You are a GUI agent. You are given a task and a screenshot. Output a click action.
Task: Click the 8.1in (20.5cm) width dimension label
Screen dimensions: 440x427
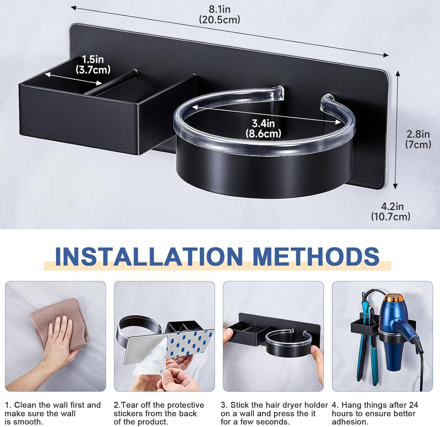coord(219,14)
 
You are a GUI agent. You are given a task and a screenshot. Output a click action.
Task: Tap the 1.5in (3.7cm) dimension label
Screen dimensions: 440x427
coord(93,65)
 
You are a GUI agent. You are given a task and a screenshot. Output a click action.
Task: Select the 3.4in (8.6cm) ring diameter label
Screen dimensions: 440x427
coord(263,128)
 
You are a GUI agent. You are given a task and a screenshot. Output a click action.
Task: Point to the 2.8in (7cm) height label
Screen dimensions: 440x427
coord(418,139)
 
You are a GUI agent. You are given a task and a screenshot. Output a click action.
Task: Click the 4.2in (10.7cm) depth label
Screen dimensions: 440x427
coord(391,211)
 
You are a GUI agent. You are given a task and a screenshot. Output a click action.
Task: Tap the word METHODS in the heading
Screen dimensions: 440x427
coord(316,256)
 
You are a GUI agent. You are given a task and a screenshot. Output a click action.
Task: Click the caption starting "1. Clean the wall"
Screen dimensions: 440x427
coord(53,413)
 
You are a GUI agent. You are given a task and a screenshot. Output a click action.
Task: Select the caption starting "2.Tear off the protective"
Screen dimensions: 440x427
coord(159,413)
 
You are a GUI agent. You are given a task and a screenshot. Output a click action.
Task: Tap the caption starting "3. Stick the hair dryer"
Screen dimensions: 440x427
coord(274,413)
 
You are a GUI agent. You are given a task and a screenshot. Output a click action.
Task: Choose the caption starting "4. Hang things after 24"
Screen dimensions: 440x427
coord(375,413)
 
